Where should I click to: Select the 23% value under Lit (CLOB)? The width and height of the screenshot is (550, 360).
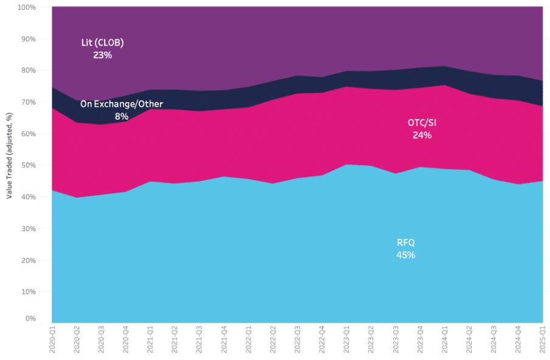102,55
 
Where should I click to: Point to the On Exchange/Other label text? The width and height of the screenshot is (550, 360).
122,104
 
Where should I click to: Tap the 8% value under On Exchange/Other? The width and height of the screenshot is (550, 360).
122,116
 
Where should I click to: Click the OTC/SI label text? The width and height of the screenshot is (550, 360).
422,123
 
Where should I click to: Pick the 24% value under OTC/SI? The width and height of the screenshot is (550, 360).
422,135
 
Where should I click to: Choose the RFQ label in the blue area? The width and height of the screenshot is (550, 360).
405,243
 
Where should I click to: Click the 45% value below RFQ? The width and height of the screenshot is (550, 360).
405,255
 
